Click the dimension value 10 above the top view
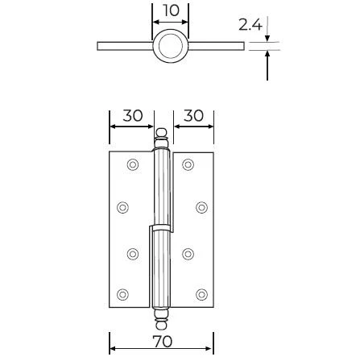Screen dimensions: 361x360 tap(171, 10)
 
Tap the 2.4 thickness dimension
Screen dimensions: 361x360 tap(250, 25)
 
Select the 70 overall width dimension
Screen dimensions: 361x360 tap(162, 342)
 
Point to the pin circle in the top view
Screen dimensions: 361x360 tap(171, 46)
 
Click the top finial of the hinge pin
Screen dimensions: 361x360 tap(162, 137)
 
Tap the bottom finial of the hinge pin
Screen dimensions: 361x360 tap(162, 319)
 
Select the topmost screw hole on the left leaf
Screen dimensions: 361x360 tap(133, 165)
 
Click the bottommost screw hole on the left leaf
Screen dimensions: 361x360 tap(122, 294)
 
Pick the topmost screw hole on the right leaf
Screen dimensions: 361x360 tap(188, 165)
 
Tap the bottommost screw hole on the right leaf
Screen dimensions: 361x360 tap(201, 294)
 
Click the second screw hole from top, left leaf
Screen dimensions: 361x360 tap(122, 207)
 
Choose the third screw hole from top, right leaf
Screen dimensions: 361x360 tap(188, 255)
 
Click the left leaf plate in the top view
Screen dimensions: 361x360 tap(125, 46)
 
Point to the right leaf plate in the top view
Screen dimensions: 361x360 tap(216, 46)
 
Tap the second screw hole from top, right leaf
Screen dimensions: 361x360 tap(201, 207)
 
